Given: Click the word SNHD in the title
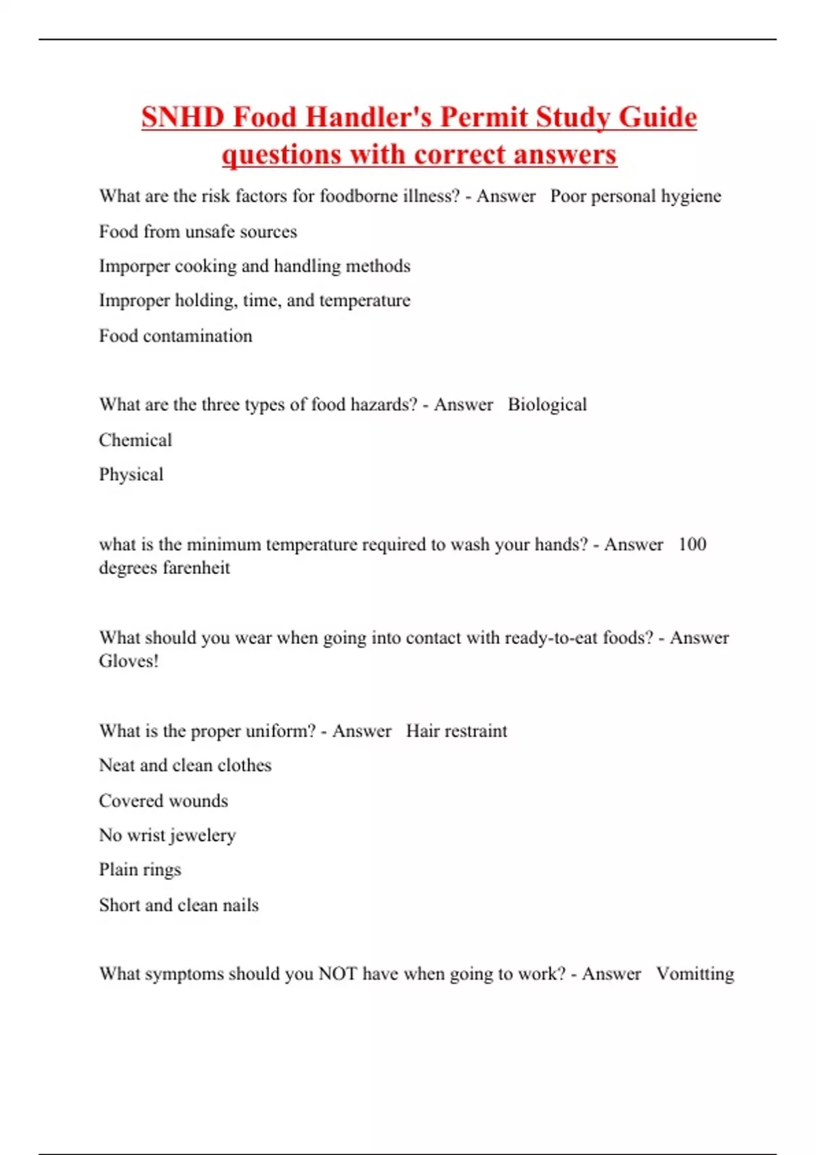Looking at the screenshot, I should (x=183, y=117).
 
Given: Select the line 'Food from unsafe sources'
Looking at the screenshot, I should (x=198, y=232).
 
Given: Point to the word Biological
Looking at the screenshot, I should (x=547, y=405).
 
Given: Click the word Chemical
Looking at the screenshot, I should (x=135, y=440).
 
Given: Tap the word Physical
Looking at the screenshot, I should (x=131, y=474).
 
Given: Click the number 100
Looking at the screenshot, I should (x=692, y=544).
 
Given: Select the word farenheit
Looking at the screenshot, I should (x=197, y=568).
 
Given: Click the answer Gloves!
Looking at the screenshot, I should (x=129, y=661).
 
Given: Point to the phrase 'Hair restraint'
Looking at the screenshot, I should (x=456, y=731).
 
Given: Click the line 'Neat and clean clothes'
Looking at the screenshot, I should (x=185, y=766).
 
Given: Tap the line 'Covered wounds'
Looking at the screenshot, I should (x=163, y=801).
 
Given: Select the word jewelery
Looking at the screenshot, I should (x=203, y=836).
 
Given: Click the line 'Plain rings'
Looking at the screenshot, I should (x=140, y=870).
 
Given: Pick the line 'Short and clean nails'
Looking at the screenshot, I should (x=179, y=905).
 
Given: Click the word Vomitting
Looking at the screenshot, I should (x=695, y=974).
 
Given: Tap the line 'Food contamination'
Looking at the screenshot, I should (x=175, y=336).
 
